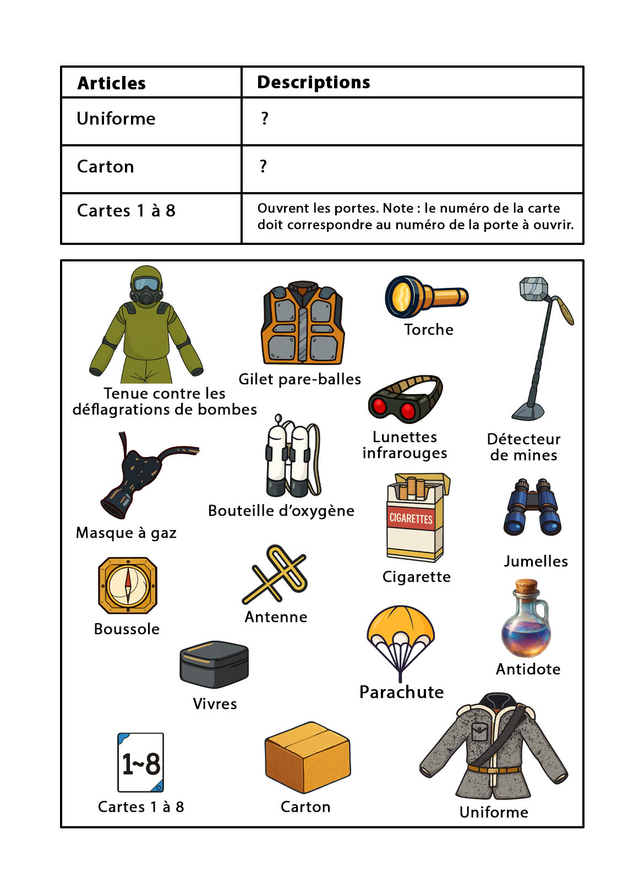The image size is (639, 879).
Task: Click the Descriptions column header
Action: click(313, 83)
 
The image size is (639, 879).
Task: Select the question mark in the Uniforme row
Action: click(265, 118)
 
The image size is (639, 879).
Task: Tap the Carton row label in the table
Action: click(105, 167)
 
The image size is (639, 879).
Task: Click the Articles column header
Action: click(111, 83)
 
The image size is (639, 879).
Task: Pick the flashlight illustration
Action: click(425, 297)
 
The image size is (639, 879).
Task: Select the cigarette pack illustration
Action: click(416, 518)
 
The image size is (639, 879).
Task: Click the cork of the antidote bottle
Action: click(526, 586)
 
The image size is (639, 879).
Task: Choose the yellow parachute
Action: click(401, 638)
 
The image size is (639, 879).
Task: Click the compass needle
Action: click(128, 585)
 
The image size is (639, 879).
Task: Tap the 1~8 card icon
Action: click(140, 763)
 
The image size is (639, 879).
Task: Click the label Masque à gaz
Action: click(126, 533)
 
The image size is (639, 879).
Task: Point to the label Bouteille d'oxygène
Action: click(281, 511)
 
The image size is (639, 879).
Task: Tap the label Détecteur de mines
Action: click(523, 447)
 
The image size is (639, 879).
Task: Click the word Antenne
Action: click(276, 617)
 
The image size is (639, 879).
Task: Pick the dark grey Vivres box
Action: click(214, 664)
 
